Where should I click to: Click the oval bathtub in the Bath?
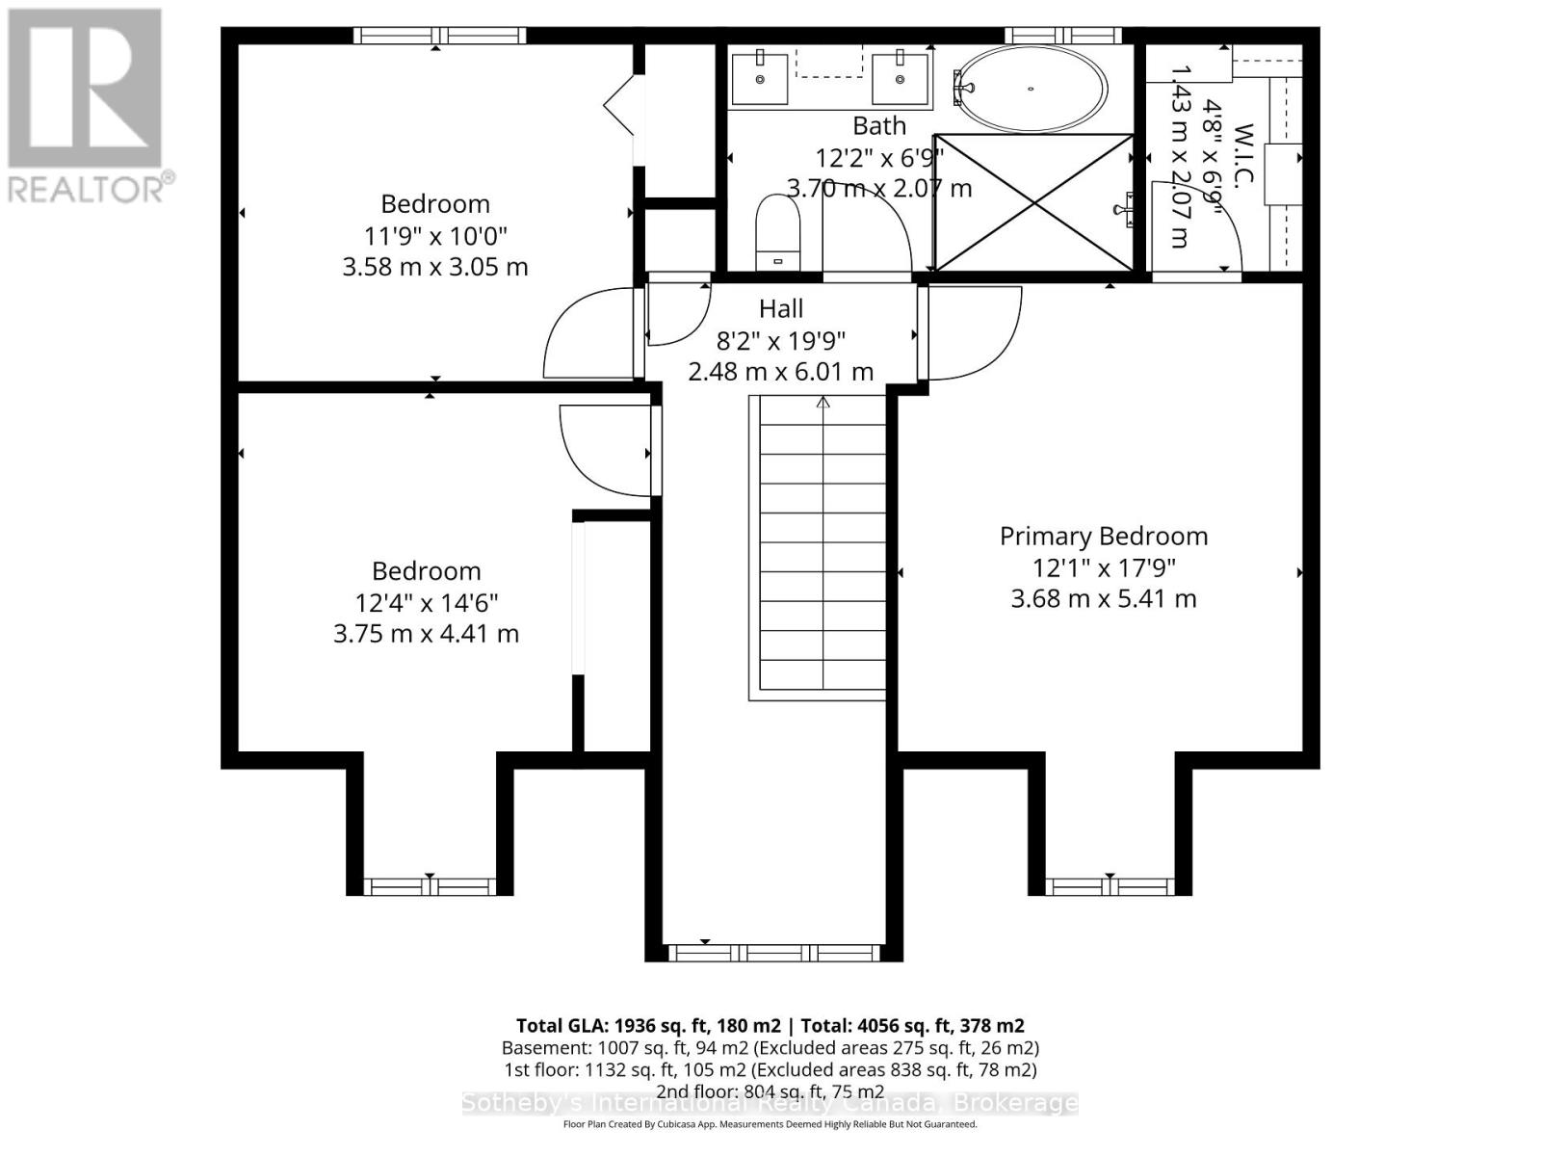[x=1030, y=89]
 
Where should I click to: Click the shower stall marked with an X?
[x=1033, y=202]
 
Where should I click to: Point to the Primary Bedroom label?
[x=1104, y=537]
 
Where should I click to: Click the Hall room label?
[x=781, y=309]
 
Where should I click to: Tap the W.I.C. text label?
[x=1242, y=162]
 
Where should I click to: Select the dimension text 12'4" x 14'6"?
[x=426, y=603]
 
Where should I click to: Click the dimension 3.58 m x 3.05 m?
[x=435, y=267]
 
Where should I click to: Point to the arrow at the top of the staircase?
[x=823, y=402]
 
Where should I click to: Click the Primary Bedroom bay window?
[x=1110, y=885]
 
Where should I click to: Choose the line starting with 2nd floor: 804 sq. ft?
[x=770, y=1091]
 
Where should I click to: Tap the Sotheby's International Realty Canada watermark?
[x=770, y=1104]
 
